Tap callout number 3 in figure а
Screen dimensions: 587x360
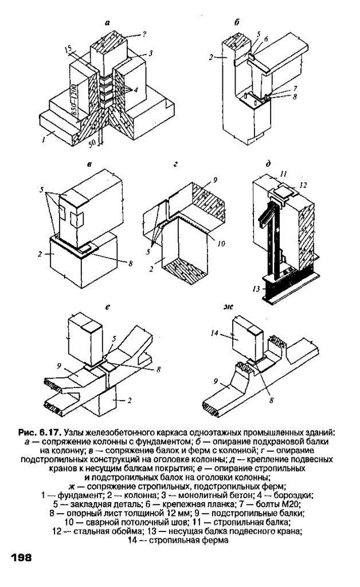pyautogui.click(x=150, y=53)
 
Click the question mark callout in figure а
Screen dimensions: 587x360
pyautogui.click(x=144, y=34)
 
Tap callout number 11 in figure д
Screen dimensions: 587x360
pyautogui.click(x=283, y=173)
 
